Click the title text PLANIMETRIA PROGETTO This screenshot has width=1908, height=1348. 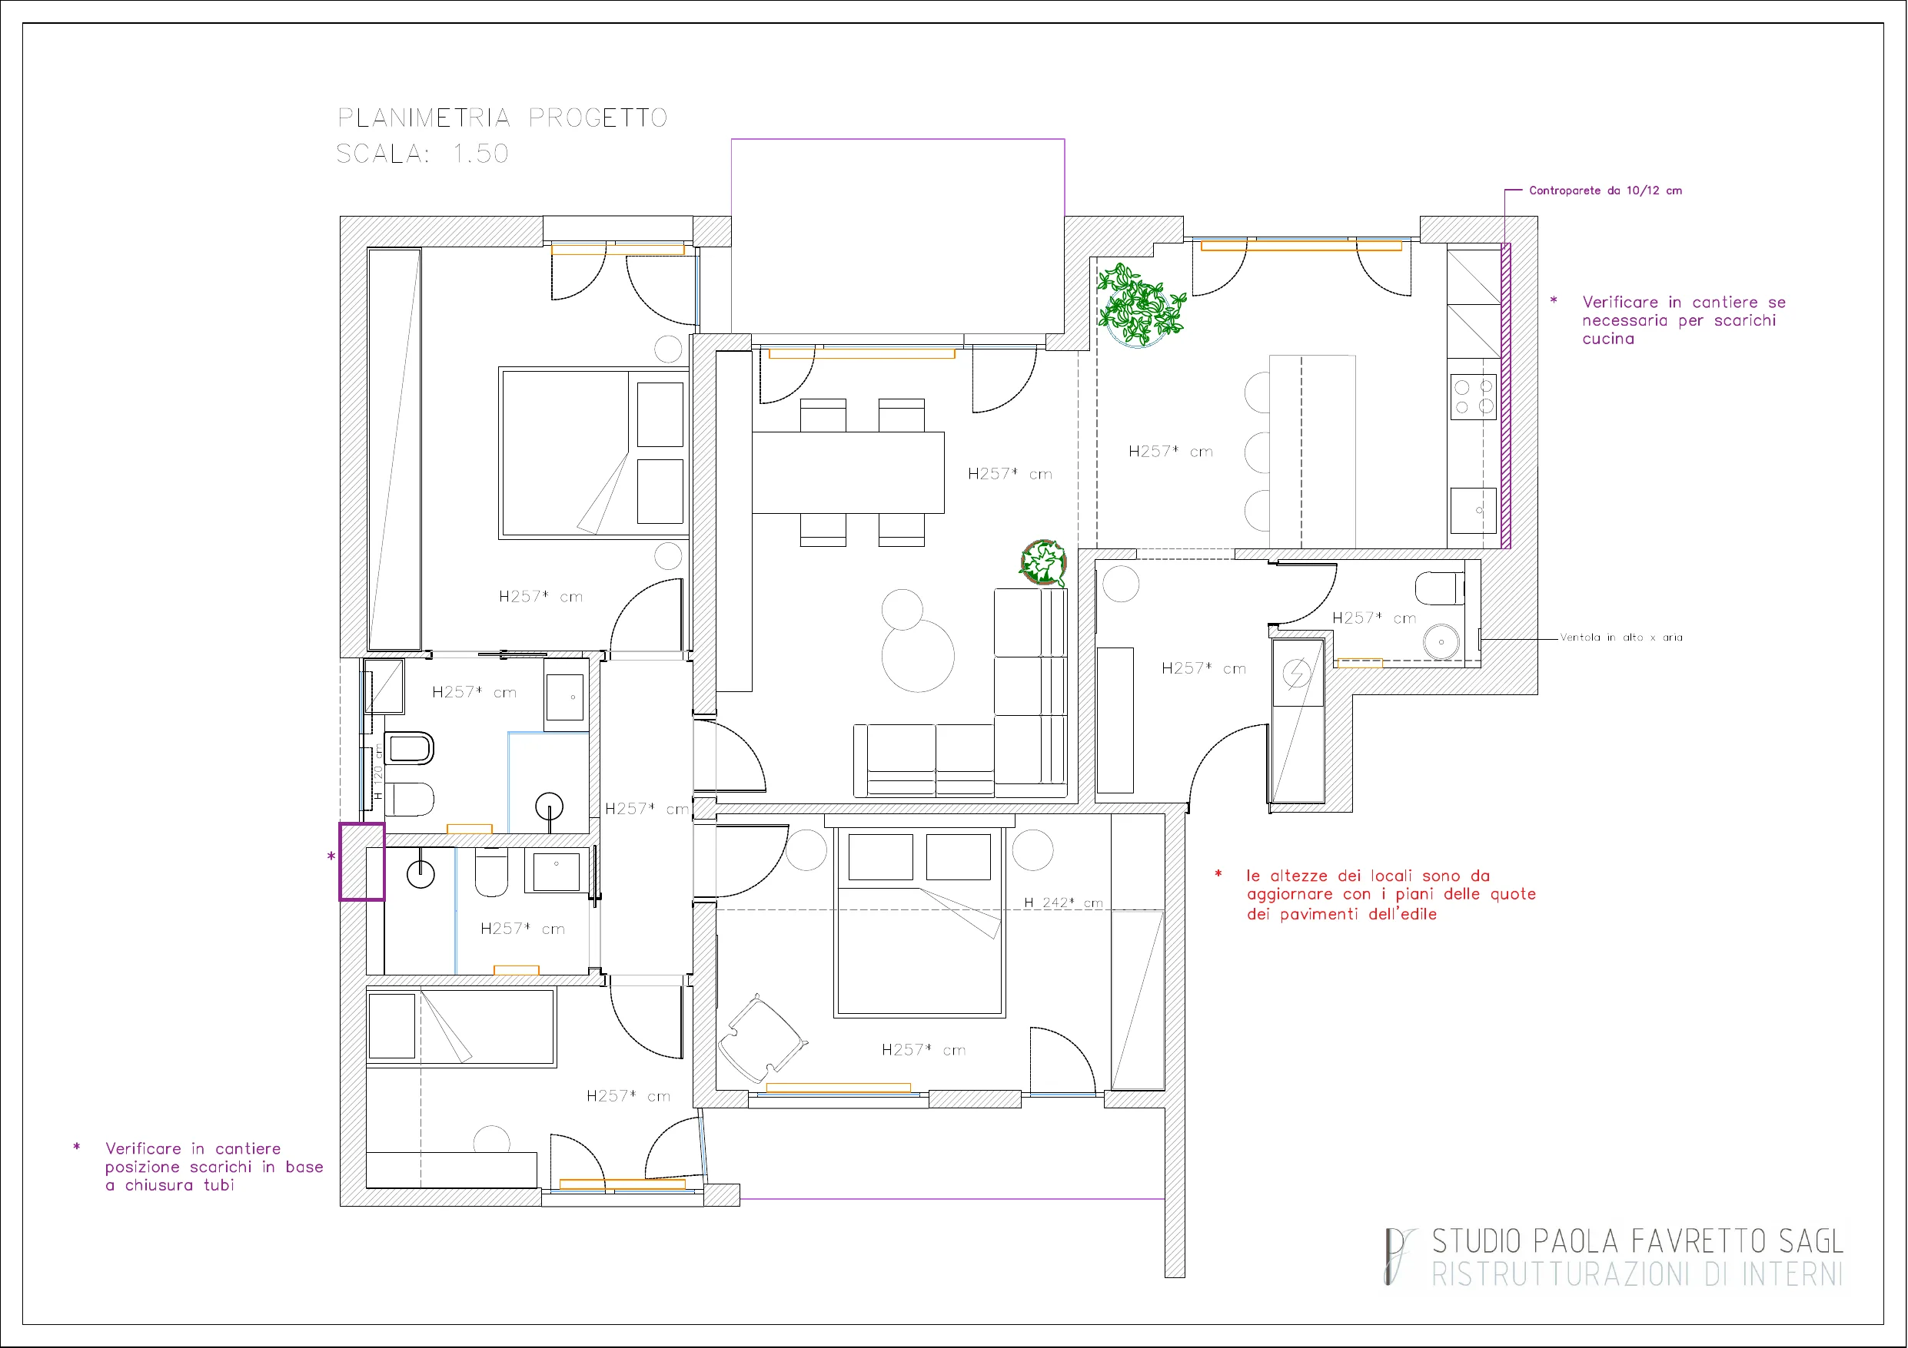pos(502,118)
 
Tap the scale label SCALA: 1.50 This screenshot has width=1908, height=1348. pos(422,154)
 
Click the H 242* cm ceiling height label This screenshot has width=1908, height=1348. pos(1063,902)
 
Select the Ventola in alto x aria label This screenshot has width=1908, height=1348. pos(1620,637)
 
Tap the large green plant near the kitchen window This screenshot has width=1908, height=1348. pos(1139,304)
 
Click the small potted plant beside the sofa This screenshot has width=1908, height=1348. pos(1043,562)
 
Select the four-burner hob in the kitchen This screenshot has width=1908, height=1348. pos(1474,396)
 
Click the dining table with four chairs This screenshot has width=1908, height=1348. pos(848,472)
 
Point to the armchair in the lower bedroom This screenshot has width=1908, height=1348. pos(762,1038)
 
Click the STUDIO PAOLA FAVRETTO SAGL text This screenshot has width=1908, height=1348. pos(1637,1241)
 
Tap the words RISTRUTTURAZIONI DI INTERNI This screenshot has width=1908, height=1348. pos(1637,1273)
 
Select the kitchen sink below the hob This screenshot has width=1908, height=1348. pos(1474,510)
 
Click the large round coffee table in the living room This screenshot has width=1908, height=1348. pos(917,656)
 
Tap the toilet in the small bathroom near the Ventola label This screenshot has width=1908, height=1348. pos(1440,588)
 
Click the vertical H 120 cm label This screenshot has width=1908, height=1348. pos(378,772)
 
